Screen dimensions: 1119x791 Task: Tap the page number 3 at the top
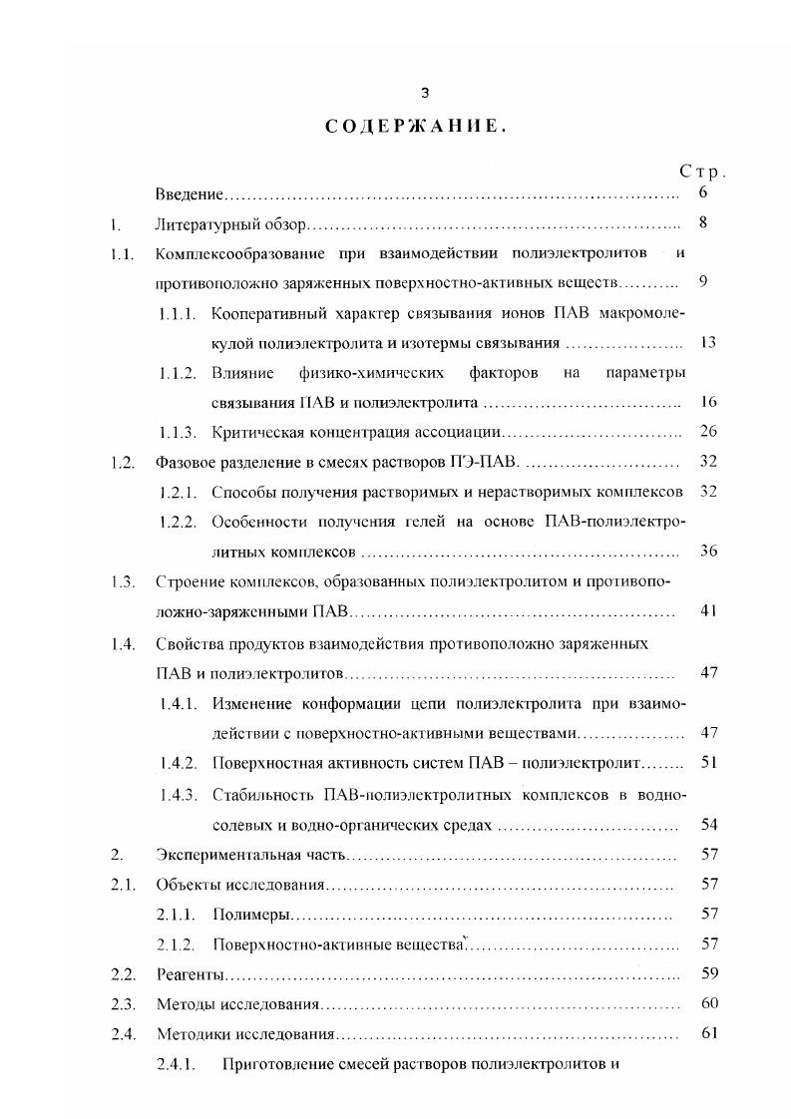pyautogui.click(x=425, y=93)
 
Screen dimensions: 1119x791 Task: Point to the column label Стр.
pyautogui.click(x=702, y=173)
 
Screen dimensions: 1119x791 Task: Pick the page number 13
pyautogui.click(x=709, y=343)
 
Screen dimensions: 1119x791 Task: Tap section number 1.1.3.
pyautogui.click(x=181, y=433)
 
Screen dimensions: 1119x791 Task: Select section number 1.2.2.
pyautogui.click(x=181, y=523)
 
